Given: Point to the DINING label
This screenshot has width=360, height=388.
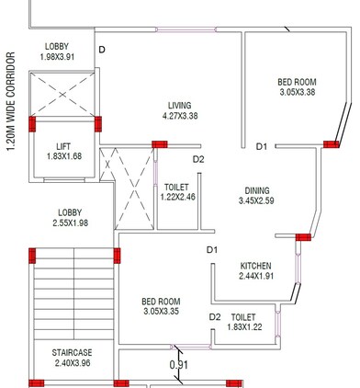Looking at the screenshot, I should pyautogui.click(x=257, y=190).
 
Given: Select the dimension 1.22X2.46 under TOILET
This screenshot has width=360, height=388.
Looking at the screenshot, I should pyautogui.click(x=176, y=196).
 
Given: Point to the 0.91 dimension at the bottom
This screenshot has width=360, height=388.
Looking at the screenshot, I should pyautogui.click(x=180, y=365).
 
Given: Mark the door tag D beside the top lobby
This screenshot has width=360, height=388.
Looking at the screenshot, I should pyautogui.click(x=102, y=49).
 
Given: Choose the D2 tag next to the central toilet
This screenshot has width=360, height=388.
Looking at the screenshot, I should pyautogui.click(x=198, y=161).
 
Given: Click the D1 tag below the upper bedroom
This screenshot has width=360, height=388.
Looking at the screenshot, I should pyautogui.click(x=261, y=146).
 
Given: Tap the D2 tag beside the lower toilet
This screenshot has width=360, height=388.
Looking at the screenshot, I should pyautogui.click(x=215, y=317).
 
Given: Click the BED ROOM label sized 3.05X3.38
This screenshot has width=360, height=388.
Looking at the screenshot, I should pyautogui.click(x=297, y=82).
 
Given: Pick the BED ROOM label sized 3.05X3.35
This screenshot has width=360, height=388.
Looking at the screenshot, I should pyautogui.click(x=160, y=302).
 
